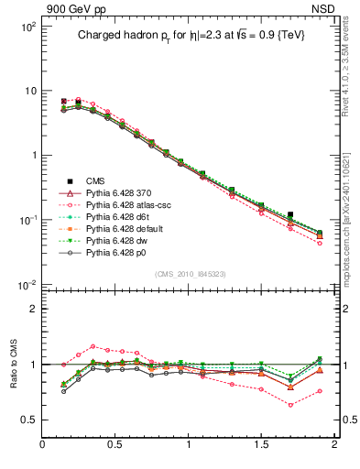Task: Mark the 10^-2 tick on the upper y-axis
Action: [x=27, y=285]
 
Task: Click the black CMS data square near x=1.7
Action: [x=290, y=214]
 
